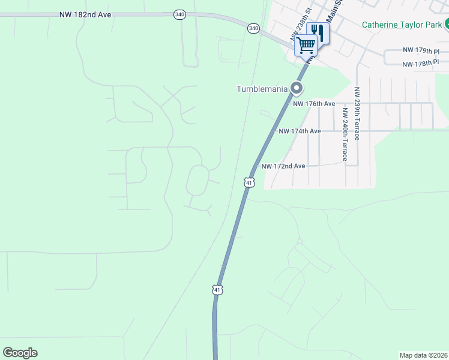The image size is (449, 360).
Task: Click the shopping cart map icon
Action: [306, 46]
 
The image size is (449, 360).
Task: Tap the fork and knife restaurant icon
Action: [318, 32]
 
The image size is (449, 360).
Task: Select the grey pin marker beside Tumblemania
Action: [296, 89]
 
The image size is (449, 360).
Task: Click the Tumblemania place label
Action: [262, 89]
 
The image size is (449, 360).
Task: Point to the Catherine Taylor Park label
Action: [402, 25]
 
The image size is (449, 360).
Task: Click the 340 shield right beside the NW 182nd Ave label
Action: [179, 14]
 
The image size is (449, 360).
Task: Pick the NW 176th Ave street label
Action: [314, 103]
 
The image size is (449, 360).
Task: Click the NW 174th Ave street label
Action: [299, 131]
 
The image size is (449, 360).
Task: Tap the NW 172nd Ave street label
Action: [283, 166]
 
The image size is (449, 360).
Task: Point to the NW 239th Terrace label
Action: [357, 114]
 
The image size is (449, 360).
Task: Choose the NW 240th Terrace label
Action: [345, 134]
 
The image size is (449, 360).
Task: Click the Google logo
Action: [20, 353]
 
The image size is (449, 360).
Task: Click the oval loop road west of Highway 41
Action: [197, 181]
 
